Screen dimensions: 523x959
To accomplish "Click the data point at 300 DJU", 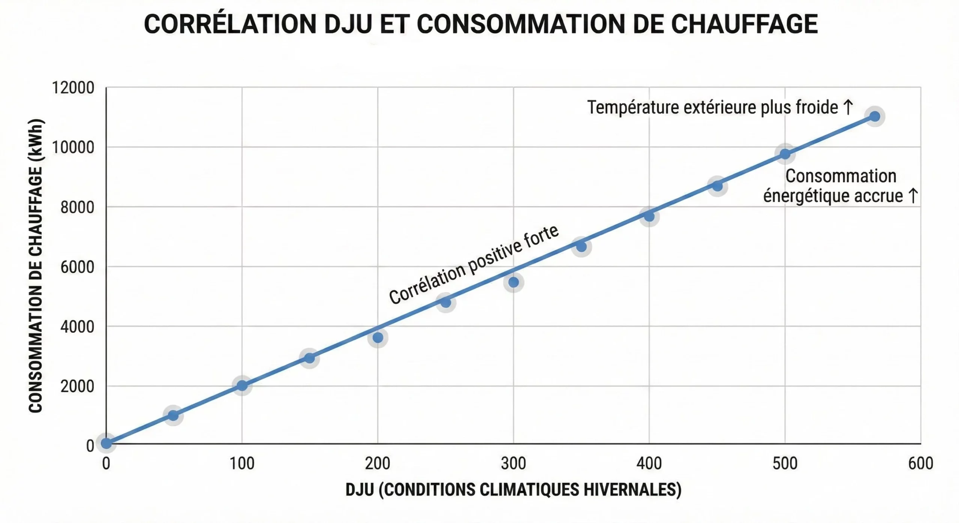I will point(514,282).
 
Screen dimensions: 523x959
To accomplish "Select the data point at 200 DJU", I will point(378,338).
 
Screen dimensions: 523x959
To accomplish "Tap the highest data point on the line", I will point(875,117).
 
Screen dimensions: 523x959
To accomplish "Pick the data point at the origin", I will point(106,443).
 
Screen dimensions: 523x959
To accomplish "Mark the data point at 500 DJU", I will point(785,154).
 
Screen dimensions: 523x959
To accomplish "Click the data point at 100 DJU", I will point(242,386).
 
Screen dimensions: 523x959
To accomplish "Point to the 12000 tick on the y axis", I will point(73,88).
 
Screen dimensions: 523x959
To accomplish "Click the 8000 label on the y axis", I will point(77,207).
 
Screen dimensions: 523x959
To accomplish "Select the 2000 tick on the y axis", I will point(77,386).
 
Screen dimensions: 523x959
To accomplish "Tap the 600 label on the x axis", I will point(920,464).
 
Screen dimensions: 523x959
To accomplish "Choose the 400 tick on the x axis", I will point(649,464).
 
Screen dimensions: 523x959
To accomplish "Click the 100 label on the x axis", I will point(242,464).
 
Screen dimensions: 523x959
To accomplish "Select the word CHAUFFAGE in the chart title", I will point(744,24).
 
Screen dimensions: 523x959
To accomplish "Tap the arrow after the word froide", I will point(848,107).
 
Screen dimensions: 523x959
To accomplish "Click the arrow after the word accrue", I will point(913,196).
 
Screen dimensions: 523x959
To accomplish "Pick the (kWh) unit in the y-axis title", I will point(36,140).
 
